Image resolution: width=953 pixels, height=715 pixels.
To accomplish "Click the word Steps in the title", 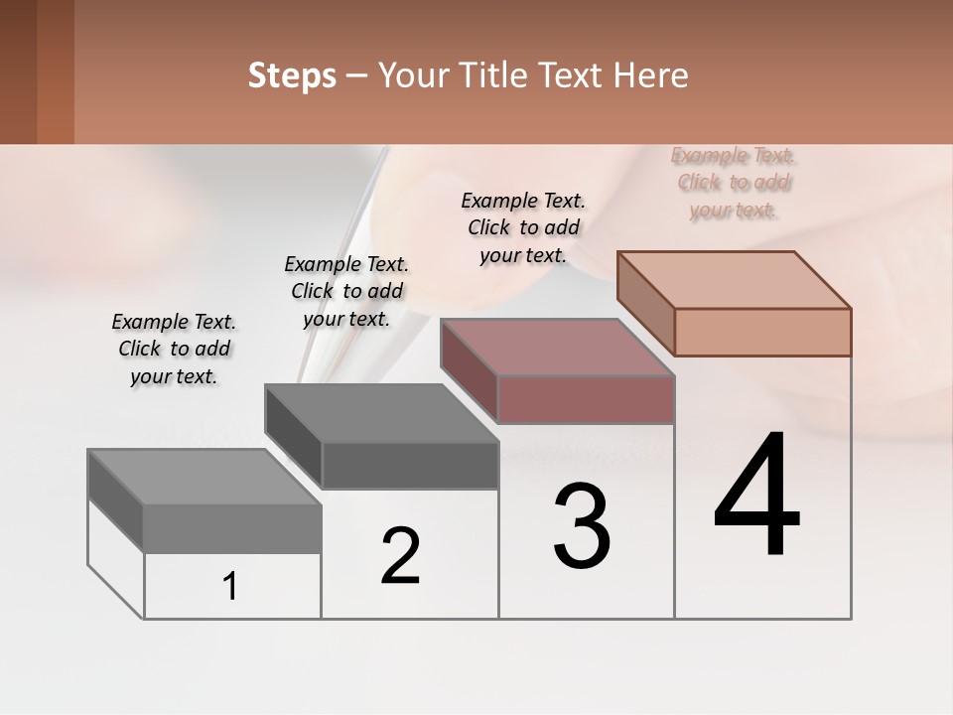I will point(292,75).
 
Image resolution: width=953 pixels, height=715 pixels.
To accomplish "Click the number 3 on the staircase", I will point(582,526).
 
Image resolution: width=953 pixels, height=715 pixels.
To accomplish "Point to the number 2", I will point(401,556).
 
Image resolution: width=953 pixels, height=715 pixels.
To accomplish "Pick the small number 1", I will point(230,587).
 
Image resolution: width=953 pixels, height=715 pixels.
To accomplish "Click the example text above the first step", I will point(174,349).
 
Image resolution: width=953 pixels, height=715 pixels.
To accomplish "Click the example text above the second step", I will point(346,291).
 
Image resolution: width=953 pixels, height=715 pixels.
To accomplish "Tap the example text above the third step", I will point(523,227).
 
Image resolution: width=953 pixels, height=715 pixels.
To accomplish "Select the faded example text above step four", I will point(734,182).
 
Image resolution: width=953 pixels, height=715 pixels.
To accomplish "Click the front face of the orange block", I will point(762,332).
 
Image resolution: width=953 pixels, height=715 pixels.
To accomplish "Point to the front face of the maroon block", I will point(586,399).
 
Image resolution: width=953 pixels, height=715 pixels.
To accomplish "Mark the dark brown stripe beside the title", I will point(18,71).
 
